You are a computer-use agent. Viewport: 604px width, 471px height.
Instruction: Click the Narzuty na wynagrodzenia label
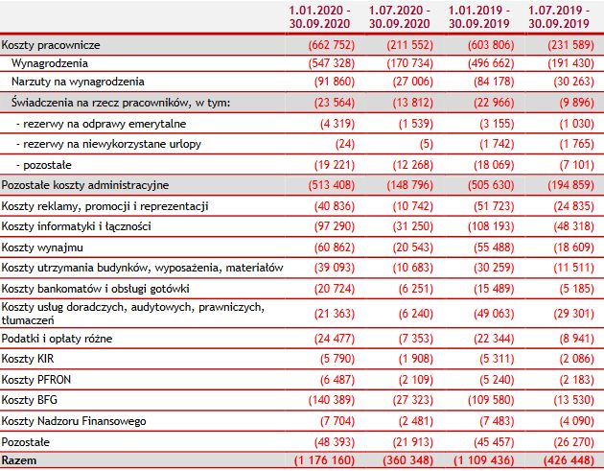pos(77,82)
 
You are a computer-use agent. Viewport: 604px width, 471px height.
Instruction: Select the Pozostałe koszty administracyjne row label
pos(86,183)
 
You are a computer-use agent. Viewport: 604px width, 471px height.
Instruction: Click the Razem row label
pos(19,461)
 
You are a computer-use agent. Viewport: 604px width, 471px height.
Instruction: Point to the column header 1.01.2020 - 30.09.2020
pos(321,16)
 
